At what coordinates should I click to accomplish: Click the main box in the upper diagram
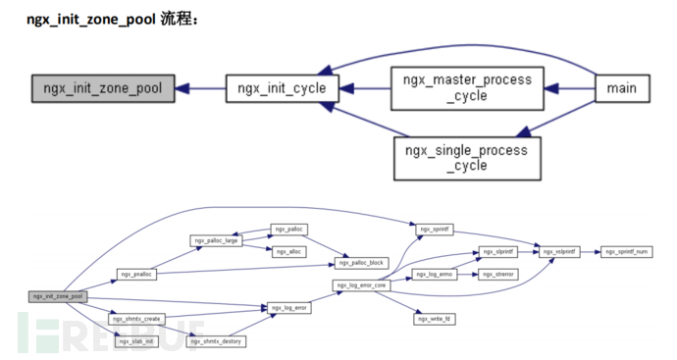tap(620, 88)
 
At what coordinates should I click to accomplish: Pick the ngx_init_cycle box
tap(282, 88)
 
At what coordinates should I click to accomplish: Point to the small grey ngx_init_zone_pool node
tap(57, 295)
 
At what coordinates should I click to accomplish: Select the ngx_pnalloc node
tap(136, 274)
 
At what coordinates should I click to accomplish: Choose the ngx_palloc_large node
tap(216, 240)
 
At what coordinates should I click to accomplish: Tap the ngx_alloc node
tap(289, 252)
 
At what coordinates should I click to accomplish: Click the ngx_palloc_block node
tap(361, 263)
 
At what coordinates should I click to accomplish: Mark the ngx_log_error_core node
tap(362, 285)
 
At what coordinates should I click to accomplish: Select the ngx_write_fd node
tap(435, 319)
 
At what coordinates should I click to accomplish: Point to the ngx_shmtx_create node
tap(136, 319)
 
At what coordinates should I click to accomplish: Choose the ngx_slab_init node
tap(135, 340)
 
